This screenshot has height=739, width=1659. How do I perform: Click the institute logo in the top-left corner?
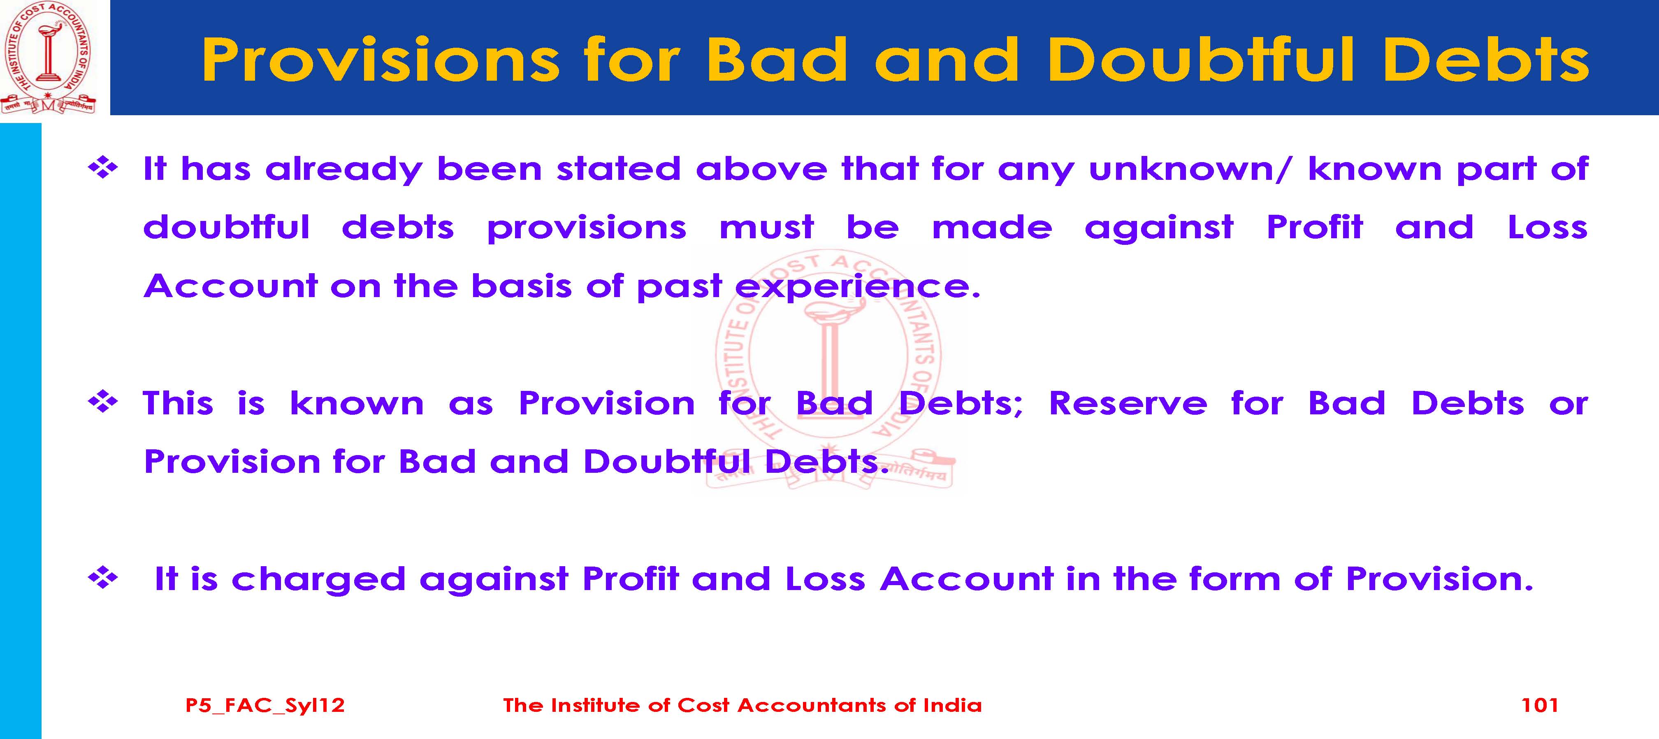48,58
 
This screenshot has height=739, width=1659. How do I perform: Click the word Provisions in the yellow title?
381,59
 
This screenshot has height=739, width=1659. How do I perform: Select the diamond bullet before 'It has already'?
103,169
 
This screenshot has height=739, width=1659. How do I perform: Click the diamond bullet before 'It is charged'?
103,579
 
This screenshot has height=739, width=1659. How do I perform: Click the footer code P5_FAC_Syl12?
265,706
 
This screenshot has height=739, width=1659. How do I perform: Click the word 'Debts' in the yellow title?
1486,59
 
